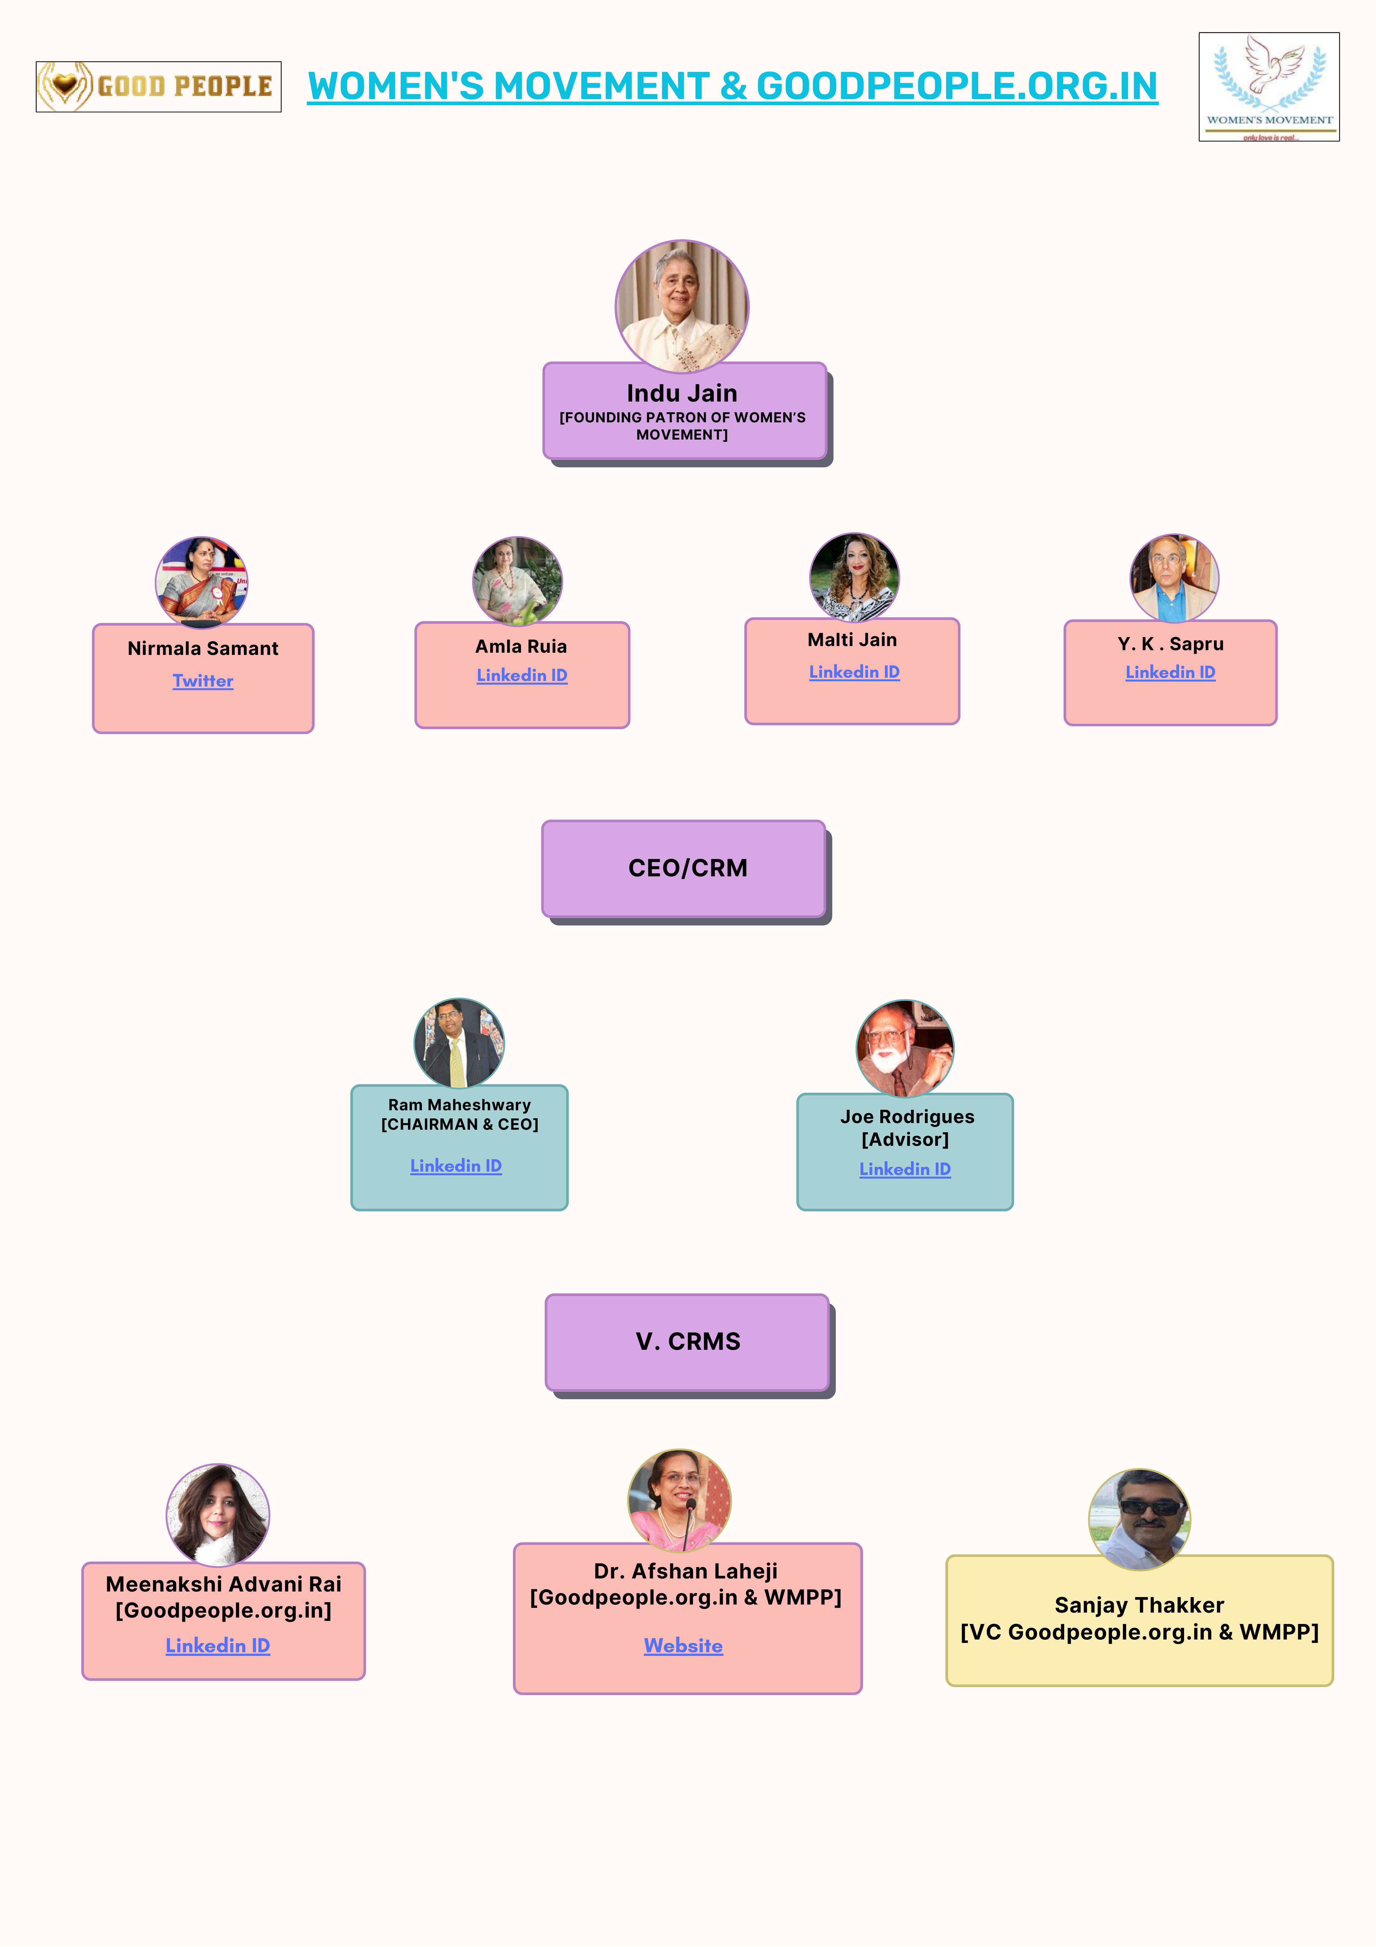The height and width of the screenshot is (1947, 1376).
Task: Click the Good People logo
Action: coord(158,87)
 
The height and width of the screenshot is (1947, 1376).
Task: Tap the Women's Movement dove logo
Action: coord(1268,87)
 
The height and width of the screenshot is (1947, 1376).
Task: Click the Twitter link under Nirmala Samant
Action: coord(203,681)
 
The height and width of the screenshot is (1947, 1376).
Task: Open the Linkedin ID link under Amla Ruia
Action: coord(521,676)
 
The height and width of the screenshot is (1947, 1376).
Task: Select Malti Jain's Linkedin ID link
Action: coord(854,672)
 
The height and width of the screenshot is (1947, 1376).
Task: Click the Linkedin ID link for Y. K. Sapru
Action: coord(1170,672)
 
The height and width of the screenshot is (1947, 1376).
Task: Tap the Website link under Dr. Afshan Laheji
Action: coord(683,1646)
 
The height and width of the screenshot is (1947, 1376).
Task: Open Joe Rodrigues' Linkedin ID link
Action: coord(905,1169)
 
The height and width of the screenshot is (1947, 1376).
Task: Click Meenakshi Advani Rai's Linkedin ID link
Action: coord(218,1646)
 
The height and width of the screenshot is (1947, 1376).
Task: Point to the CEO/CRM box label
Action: coord(687,868)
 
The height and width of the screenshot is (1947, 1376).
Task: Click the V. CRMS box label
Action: coord(687,1341)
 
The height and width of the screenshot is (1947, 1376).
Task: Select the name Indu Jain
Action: coord(682,394)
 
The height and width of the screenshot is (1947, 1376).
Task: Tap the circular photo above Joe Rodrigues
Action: coord(905,1048)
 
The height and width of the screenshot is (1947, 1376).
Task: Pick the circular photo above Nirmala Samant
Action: coord(202,582)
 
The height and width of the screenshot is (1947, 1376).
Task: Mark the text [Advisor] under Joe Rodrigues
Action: coord(905,1140)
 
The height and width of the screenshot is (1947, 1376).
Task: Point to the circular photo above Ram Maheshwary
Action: coord(459,1043)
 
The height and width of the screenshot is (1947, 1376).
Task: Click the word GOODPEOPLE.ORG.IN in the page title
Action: coord(956,87)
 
